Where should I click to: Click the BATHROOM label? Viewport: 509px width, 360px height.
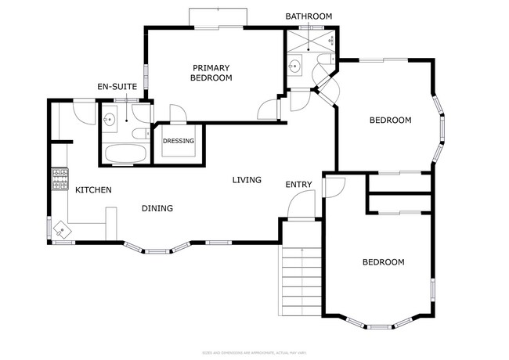coord(309,16)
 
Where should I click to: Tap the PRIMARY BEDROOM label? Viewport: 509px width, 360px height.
coord(211,73)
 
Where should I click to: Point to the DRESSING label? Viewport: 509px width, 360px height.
coord(178,141)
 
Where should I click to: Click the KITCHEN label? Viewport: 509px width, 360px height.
coord(93,190)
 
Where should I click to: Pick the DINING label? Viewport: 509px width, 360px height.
coord(157,208)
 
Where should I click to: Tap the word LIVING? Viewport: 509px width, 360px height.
coord(247,180)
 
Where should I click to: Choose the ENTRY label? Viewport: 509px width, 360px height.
coord(298,185)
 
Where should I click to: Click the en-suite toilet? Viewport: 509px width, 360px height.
coord(140,135)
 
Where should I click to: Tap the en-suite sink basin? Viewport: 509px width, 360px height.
coord(110,120)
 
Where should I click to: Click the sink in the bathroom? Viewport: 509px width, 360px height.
coord(295,66)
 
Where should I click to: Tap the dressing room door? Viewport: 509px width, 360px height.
coord(178,115)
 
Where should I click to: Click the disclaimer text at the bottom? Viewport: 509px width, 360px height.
coord(254,353)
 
